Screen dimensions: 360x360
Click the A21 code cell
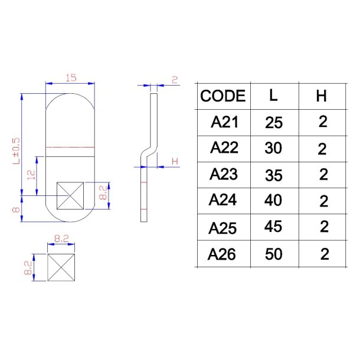point(224,123)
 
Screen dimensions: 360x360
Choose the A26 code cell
point(222,254)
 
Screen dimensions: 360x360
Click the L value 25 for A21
point(274,123)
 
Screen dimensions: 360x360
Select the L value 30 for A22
point(273,149)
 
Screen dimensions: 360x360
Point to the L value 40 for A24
point(273,201)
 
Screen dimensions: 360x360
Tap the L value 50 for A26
point(273,254)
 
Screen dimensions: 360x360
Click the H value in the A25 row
point(323,228)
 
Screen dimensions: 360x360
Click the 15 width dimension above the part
point(71,78)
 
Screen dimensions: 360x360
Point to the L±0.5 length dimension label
point(17,150)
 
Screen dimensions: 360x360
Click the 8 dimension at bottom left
point(17,208)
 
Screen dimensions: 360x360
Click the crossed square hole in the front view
point(70,195)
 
